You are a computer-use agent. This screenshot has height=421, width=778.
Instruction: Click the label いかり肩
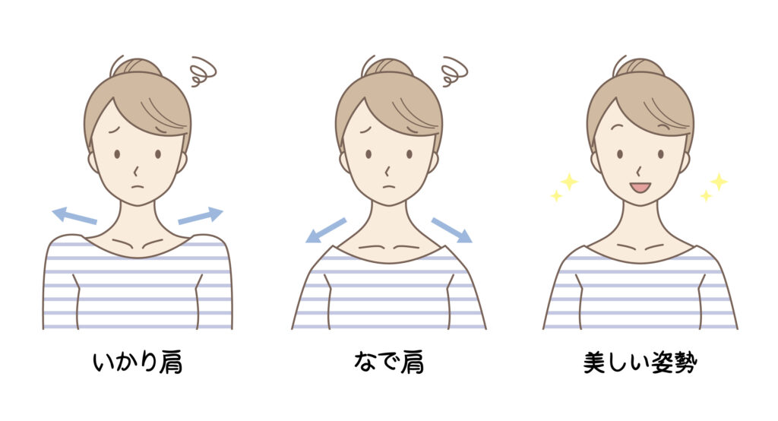pos(138,362)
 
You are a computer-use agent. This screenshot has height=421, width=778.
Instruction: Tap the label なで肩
pos(389,362)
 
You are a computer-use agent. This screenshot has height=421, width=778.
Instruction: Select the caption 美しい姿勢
pos(640,362)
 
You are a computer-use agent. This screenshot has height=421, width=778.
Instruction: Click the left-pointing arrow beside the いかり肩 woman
pos(74,216)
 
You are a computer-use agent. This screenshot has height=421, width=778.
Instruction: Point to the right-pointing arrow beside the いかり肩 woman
pos(201,216)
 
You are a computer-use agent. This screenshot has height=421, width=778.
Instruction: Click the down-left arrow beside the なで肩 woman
pos(325,230)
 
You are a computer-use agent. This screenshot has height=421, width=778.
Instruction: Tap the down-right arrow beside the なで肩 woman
pos(451,230)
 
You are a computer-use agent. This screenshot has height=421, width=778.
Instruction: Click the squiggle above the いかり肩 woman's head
pos(203,71)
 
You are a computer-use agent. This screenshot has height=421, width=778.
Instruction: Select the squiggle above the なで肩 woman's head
pos(454,71)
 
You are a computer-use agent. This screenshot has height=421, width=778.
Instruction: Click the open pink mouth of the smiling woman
pos(640,188)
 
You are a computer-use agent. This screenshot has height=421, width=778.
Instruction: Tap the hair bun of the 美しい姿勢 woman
pos(640,68)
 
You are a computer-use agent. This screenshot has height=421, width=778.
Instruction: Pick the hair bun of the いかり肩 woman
pos(137,68)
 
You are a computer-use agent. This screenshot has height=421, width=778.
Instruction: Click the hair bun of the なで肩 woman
pos(388,68)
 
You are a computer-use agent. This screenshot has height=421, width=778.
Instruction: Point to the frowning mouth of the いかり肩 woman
pos(138,187)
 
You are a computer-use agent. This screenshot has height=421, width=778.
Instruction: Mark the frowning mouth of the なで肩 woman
pos(389,187)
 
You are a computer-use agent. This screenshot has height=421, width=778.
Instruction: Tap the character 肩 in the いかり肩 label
pos(171,363)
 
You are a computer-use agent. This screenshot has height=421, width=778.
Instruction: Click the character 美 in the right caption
pos(594,363)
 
